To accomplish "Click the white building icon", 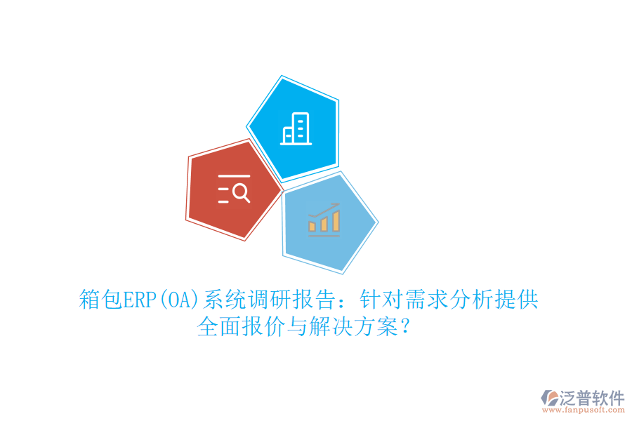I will [296, 129].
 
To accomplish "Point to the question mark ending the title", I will [406, 327].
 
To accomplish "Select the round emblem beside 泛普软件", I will [548, 399].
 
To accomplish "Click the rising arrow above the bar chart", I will [324, 208].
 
